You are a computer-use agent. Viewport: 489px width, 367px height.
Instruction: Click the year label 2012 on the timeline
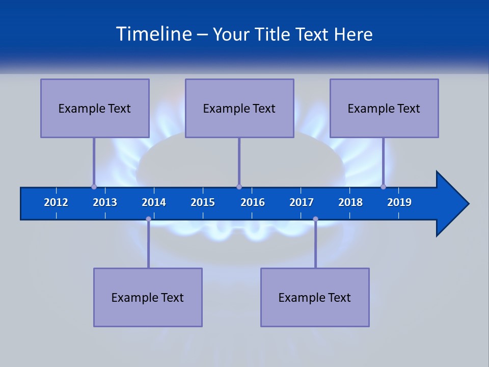tap(56, 202)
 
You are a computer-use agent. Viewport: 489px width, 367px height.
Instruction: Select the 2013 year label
tap(105, 202)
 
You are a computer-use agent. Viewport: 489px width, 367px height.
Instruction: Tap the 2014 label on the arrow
tap(154, 202)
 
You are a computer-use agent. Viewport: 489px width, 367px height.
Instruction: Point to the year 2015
tap(203, 202)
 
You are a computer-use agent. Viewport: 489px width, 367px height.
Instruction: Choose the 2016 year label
tap(253, 202)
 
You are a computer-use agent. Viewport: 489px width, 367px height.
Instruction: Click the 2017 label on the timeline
tap(302, 202)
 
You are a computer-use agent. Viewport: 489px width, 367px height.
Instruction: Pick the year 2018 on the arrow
tap(350, 202)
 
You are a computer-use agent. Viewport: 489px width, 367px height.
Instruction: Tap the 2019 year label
tap(399, 202)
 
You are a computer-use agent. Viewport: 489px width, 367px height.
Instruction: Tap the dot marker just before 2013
tap(94, 187)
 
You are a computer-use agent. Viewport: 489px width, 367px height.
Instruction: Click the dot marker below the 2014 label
tap(148, 219)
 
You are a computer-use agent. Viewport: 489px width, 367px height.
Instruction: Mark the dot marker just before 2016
tap(239, 187)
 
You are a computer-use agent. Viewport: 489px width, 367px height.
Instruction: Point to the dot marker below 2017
tap(315, 219)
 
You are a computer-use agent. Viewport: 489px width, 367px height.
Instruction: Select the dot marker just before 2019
tap(383, 187)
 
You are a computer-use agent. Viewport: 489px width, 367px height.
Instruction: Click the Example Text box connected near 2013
tap(95, 108)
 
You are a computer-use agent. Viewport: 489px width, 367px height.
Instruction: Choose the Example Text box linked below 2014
tap(148, 297)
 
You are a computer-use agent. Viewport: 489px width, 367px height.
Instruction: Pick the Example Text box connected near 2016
tap(239, 108)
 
